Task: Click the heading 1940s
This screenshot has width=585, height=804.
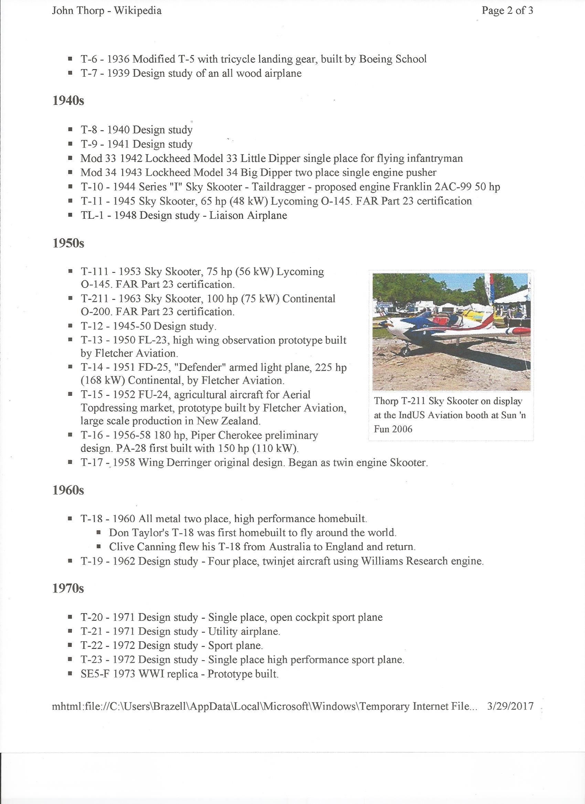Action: [x=68, y=101]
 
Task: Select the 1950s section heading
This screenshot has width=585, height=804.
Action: [x=68, y=243]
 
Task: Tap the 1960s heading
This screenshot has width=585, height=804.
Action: [x=68, y=491]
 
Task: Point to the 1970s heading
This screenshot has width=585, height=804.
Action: [x=68, y=589]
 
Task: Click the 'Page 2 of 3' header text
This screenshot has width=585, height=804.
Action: [x=507, y=11]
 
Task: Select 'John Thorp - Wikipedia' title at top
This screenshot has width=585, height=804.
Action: [x=107, y=11]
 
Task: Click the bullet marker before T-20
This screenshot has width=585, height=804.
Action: [x=70, y=617]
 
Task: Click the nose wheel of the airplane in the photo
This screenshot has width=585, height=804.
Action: [x=405, y=351]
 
